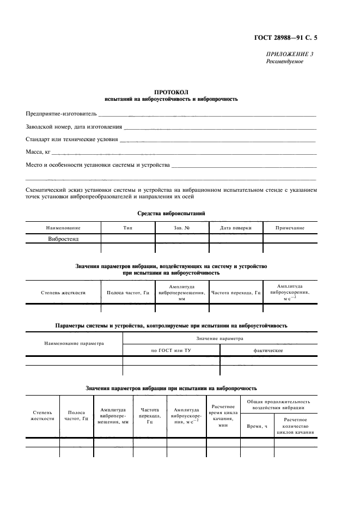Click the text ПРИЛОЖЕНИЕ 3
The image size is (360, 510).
pyautogui.click(x=289, y=54)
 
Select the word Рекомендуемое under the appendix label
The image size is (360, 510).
pyautogui.click(x=284, y=62)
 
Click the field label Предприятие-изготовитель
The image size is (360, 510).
pyautogui.click(x=61, y=114)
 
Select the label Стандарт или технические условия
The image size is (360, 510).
pyautogui.click(x=71, y=139)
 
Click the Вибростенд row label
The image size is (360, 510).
pyautogui.click(x=63, y=239)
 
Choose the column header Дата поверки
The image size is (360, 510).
pyautogui.click(x=235, y=228)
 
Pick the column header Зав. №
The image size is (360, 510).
pyautogui.click(x=181, y=228)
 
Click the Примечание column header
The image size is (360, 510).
pyautogui.click(x=290, y=228)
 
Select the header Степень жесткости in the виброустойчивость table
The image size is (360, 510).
pyautogui.click(x=63, y=293)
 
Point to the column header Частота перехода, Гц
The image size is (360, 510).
pyautogui.click(x=236, y=293)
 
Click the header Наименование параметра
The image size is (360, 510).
pyautogui.click(x=74, y=343)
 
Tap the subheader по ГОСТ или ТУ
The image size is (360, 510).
pyautogui.click(x=171, y=350)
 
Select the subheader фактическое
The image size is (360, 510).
pyautogui.click(x=268, y=350)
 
